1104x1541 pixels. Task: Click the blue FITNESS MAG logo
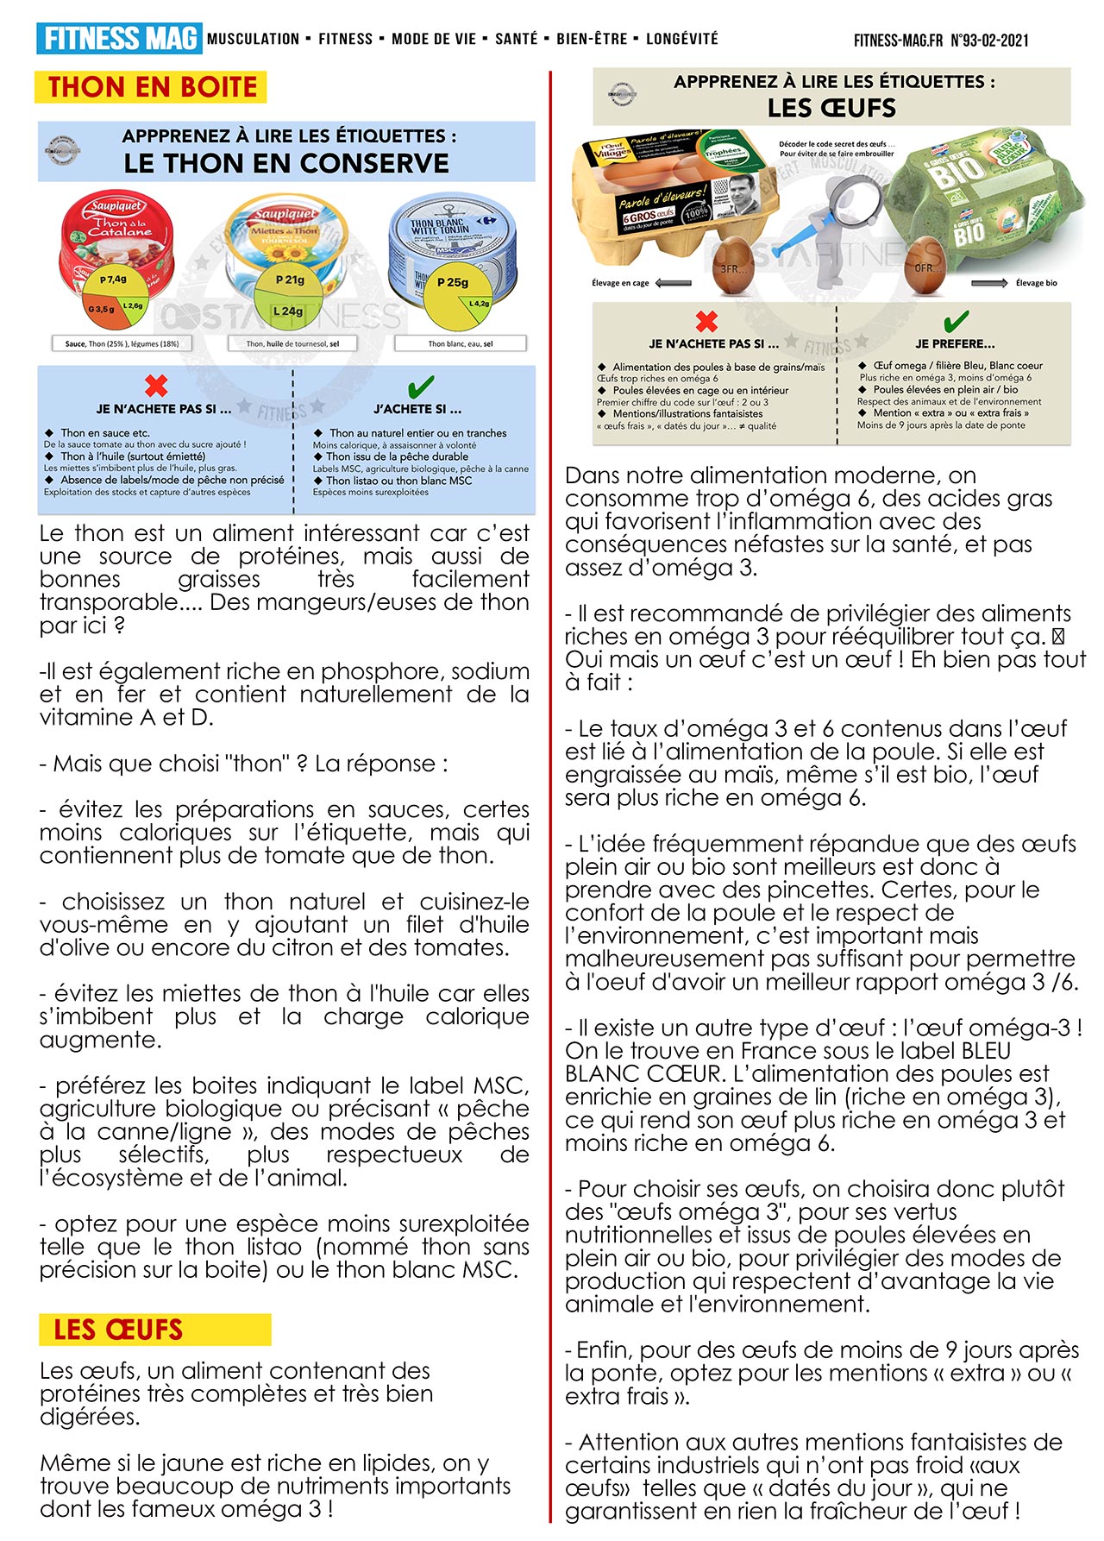point(119,39)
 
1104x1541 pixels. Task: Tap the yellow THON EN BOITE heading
point(151,87)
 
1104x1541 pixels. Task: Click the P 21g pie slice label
point(290,280)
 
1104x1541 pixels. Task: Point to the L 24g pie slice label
point(287,311)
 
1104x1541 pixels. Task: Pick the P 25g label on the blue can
point(452,282)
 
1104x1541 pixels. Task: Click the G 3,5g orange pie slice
point(101,308)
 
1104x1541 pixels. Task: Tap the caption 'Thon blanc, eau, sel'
point(461,343)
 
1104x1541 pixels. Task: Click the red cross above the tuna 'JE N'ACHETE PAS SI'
point(156,385)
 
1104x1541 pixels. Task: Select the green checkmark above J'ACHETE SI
point(420,386)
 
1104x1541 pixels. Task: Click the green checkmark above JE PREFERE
point(956,321)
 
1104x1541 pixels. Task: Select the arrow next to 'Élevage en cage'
point(674,283)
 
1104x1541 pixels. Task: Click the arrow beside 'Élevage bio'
point(988,283)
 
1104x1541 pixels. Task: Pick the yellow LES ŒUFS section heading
point(154,1330)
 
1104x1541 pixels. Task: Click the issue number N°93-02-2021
point(989,40)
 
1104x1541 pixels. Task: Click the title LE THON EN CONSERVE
point(286,163)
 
